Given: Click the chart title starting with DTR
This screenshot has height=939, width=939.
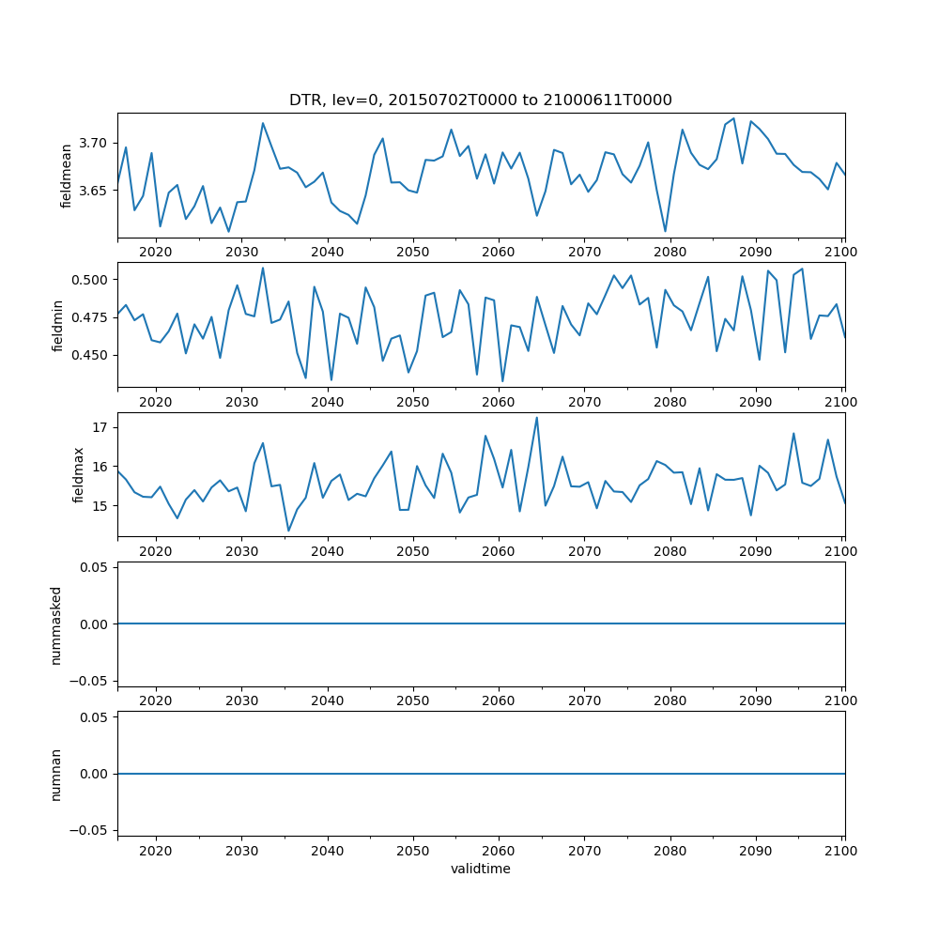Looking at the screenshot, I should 480,100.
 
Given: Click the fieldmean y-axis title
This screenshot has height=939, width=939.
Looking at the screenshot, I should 67,176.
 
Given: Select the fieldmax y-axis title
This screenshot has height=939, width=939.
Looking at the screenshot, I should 79,474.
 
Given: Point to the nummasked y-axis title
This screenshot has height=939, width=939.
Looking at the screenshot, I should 55,623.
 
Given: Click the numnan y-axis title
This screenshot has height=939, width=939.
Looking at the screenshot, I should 55,774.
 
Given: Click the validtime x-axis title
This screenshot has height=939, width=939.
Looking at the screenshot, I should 480,869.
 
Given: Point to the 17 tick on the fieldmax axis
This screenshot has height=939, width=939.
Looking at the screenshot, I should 101,427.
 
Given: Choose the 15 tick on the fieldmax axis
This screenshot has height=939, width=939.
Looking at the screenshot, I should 101,506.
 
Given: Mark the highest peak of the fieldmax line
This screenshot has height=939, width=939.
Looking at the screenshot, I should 536,418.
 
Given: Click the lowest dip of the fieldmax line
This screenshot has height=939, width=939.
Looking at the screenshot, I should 288,531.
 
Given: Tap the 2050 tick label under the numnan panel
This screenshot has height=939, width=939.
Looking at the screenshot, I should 412,851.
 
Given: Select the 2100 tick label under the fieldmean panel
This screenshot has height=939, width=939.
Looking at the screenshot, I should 841,252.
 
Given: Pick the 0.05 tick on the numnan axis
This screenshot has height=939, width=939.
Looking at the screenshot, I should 91,718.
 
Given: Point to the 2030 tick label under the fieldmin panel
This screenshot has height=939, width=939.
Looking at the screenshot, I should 241,402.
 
